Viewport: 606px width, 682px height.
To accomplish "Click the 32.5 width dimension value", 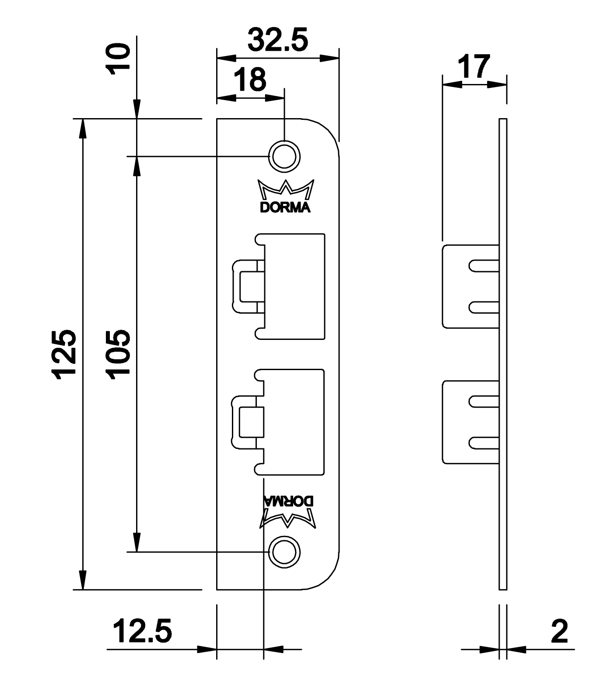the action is tap(278, 40).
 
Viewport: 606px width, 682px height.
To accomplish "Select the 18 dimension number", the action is tap(249, 80).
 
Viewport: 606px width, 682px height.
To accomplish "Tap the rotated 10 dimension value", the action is tap(119, 59).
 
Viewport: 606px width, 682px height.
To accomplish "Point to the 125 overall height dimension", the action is tap(64, 354).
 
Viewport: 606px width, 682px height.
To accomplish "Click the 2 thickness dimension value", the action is tap(560, 631).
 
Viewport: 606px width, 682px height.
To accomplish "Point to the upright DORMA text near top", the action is tap(285, 207).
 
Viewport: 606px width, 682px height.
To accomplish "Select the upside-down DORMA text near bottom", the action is tap(288, 501).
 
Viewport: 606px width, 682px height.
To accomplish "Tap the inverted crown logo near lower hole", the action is tap(288, 519).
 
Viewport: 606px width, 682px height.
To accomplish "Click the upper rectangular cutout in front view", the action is tap(290, 286).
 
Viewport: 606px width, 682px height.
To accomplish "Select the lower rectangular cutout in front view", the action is tap(290, 423).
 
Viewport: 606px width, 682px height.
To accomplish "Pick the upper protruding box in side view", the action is tap(470, 287).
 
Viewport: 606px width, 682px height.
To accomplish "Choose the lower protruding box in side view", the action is tap(470, 422).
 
